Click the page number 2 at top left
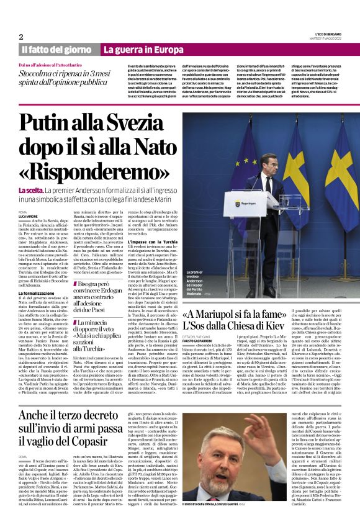tap(21, 36)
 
